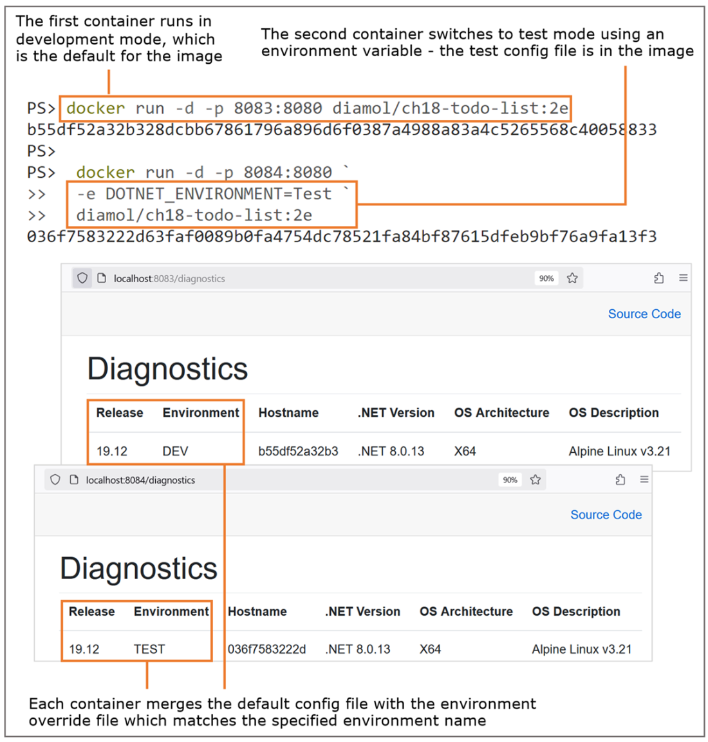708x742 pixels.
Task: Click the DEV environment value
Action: (175, 451)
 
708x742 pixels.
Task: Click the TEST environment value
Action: (149, 649)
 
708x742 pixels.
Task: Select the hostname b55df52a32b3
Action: (298, 451)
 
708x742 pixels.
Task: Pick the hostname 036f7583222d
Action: (266, 649)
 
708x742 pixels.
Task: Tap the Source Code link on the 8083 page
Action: (644, 314)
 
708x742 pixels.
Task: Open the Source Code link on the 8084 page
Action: (606, 515)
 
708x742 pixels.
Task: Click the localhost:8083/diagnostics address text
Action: (169, 279)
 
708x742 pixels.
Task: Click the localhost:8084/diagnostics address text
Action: (140, 480)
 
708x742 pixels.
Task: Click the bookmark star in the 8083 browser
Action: (572, 278)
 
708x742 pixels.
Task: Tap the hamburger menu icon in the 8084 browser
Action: (644, 479)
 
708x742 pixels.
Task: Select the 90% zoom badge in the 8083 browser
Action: (546, 278)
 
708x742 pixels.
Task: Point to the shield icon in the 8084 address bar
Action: (55, 479)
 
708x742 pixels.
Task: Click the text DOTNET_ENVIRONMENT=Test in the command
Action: (218, 194)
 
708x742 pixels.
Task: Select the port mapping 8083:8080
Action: (277, 108)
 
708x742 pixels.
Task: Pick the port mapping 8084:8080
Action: (288, 172)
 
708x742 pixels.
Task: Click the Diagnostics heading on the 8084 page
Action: (138, 568)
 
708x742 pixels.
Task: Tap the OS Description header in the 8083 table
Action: (613, 413)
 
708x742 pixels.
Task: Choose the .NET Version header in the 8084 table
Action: (362, 611)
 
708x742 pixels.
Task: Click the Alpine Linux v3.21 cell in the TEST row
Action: (582, 649)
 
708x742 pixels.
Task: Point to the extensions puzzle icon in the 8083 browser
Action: (659, 278)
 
